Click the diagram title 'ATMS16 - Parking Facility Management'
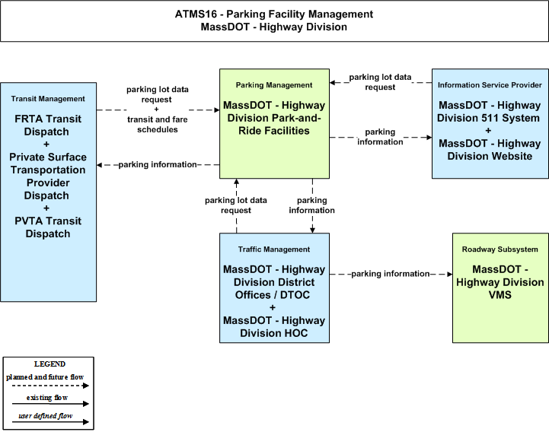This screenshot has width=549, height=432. pos(274,14)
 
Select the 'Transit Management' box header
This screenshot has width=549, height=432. pos(48,99)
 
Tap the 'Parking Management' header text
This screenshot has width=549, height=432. pos(274,85)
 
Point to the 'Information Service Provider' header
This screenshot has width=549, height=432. pos(490,85)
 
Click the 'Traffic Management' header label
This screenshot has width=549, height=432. pos(274,249)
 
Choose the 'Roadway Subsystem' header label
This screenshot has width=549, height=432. pos(500,249)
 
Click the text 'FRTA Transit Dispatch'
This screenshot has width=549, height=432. pos(48,125)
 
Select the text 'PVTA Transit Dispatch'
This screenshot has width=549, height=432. pos(48,227)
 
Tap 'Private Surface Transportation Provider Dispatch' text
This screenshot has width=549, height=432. pos(48,176)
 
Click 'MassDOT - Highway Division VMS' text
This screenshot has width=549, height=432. pos(500,282)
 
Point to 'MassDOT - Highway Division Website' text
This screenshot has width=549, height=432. pos(490,150)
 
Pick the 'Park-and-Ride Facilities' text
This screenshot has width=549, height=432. pos(274,124)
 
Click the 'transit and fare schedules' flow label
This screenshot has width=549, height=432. pos(157,125)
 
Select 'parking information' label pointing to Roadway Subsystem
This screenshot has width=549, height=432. pos(391,274)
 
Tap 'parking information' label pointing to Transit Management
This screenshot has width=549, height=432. pos(158,164)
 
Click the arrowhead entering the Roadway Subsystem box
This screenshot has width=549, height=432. pos(450,275)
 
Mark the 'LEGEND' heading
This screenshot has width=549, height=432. pos(49,364)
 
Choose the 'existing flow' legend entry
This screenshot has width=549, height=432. pos(47,398)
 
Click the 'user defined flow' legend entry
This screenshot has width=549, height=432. pos(46,416)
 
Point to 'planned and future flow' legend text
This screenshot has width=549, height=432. pos(45,377)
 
